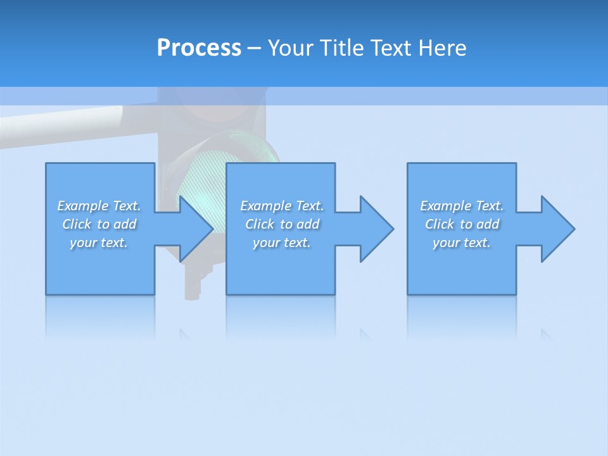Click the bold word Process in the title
point(199,48)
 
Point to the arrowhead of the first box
point(196,229)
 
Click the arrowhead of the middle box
point(377,229)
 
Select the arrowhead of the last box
point(558,229)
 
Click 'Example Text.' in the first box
point(99,206)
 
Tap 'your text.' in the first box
point(99,243)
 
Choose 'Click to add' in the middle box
point(282,224)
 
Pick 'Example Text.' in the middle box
point(282,206)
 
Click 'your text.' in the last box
point(462,243)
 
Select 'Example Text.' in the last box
point(462,206)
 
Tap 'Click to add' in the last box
point(462,224)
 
